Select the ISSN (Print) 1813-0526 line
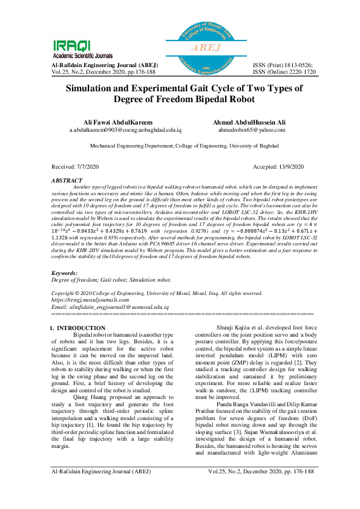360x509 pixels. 283,65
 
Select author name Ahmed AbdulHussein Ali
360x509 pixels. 250,122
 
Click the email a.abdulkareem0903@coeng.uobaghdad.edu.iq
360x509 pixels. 125,129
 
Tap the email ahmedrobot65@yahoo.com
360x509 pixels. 250,129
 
